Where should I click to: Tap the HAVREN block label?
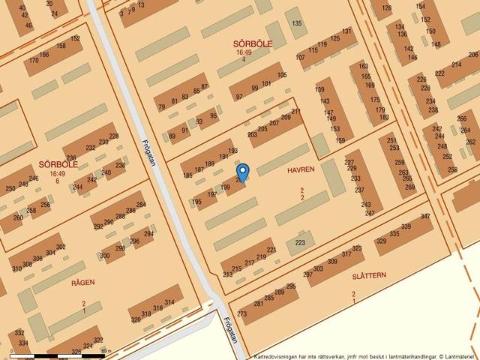301,170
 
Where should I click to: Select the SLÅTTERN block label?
369,275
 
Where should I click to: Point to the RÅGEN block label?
82,282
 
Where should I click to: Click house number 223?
301,243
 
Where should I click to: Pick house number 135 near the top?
298,24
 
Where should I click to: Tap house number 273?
242,313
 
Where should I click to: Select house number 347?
425,217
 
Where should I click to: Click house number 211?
296,112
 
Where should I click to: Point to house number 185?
187,175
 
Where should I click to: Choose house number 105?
281,75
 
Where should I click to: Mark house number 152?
75,38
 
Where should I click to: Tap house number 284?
141,205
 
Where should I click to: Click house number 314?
169,302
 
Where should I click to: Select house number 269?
409,187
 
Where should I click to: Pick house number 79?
162,107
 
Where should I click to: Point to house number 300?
104,256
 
